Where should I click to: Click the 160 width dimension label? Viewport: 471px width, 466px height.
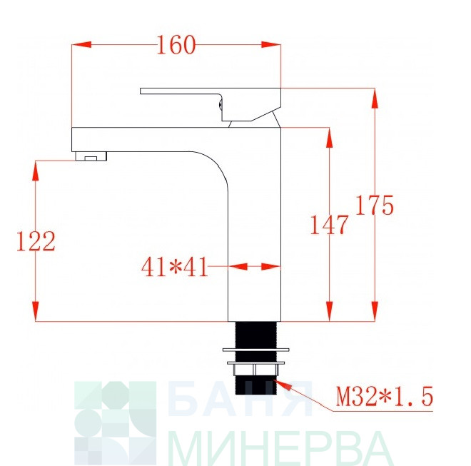click(x=176, y=45)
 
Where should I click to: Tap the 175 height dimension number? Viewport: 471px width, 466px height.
click(x=374, y=206)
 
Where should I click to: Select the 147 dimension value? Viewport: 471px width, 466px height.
click(x=329, y=225)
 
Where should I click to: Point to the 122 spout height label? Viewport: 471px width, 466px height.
click(x=36, y=241)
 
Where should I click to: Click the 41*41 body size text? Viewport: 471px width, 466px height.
click(x=175, y=267)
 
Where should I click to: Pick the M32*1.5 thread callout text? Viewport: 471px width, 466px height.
click(x=385, y=396)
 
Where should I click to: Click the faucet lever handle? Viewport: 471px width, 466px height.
click(x=211, y=103)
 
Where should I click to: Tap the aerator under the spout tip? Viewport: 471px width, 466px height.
click(x=91, y=156)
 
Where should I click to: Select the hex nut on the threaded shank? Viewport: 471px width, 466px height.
click(x=255, y=369)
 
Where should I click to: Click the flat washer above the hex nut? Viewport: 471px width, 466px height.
click(x=256, y=350)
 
